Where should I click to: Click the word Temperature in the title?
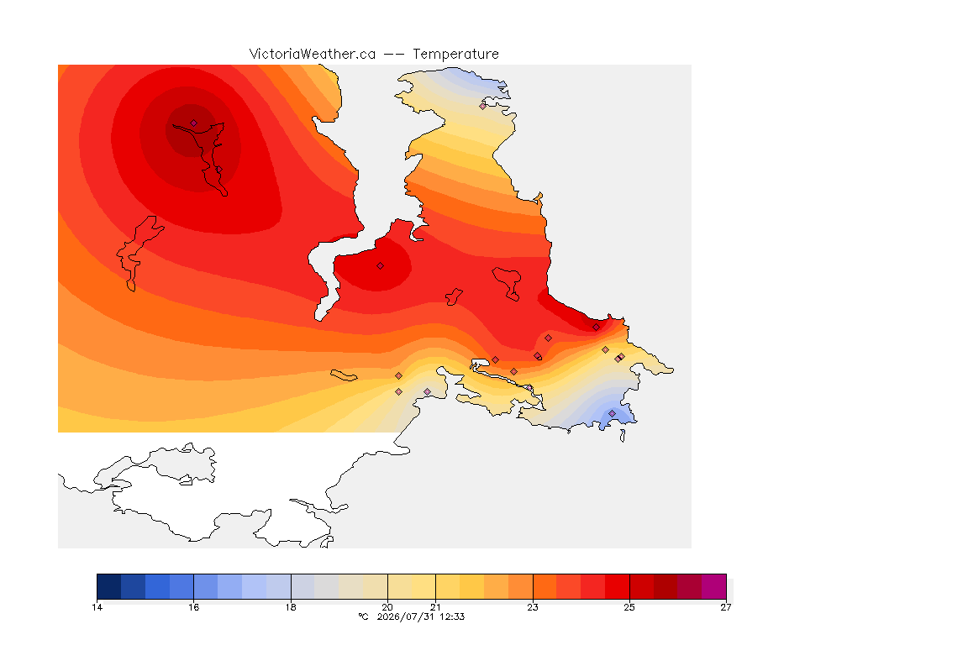(455, 55)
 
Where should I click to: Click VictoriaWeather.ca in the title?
(313, 55)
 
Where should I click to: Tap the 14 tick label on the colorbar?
(97, 607)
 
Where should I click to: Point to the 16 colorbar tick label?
(194, 607)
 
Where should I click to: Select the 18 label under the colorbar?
(291, 607)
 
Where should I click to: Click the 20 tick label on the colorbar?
(387, 607)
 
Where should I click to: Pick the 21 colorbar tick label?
(436, 607)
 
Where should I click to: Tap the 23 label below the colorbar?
(533, 607)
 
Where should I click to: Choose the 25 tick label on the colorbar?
(629, 607)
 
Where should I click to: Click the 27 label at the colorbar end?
(726, 607)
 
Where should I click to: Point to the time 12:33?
(452, 616)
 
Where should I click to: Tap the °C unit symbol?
(364, 616)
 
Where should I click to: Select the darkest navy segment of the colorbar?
(109, 586)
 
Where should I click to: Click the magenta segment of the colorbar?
(713, 586)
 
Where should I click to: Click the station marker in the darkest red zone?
(194, 123)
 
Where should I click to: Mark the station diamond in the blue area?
(612, 413)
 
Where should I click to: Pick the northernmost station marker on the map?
(483, 106)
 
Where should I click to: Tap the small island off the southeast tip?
(623, 436)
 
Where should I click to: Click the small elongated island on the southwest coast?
(344, 375)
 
